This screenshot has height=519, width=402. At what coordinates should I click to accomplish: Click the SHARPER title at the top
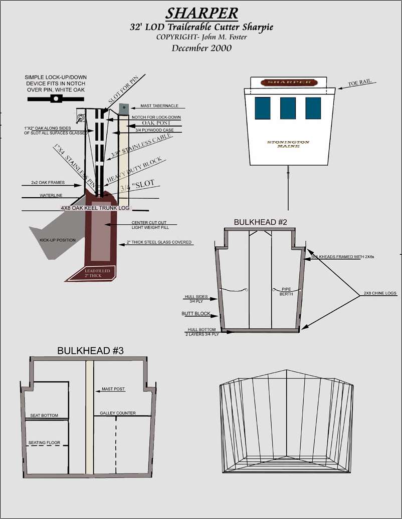(202, 13)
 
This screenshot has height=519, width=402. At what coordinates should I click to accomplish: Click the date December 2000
(202, 49)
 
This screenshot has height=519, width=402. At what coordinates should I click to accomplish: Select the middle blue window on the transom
(288, 108)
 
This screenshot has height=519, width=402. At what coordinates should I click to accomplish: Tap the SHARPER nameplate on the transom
(289, 82)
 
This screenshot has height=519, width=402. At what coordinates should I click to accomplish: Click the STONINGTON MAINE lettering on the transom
(288, 144)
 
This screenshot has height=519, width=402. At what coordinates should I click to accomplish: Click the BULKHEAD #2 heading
(261, 222)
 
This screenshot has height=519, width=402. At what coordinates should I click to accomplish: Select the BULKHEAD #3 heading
(90, 351)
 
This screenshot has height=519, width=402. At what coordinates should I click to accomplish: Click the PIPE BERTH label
(287, 292)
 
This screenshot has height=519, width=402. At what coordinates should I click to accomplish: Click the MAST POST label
(113, 389)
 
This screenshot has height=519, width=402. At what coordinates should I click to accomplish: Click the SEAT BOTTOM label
(44, 415)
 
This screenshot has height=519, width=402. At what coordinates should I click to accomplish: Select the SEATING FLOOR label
(44, 442)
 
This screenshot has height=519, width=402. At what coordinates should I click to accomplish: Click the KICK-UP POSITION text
(58, 240)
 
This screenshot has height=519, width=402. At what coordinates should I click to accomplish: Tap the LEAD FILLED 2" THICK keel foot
(94, 273)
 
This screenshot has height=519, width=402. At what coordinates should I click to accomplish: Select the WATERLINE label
(51, 195)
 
